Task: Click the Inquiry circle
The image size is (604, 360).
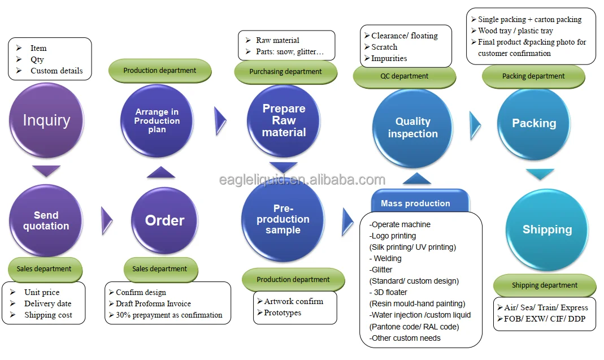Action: pyautogui.click(x=46, y=120)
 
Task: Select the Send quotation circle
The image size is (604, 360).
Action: pyautogui.click(x=46, y=220)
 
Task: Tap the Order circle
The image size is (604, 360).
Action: pyautogui.click(x=164, y=220)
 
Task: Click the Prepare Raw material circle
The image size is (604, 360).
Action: pyautogui.click(x=284, y=120)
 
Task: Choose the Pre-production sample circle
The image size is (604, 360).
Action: pyautogui.click(x=283, y=219)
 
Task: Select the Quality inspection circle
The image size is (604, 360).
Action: pyautogui.click(x=412, y=127)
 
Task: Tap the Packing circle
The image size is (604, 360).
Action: pyautogui.click(x=534, y=123)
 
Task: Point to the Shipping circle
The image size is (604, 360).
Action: pyautogui.click(x=547, y=229)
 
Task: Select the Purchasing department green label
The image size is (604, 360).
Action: pyautogui.click(x=285, y=72)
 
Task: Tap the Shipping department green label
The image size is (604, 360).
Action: pyautogui.click(x=545, y=285)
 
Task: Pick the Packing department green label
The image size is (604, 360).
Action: pyautogui.click(x=533, y=76)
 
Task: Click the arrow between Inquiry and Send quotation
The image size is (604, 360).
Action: pyautogui.click(x=46, y=171)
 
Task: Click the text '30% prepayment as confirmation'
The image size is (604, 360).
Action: pyautogui.click(x=169, y=315)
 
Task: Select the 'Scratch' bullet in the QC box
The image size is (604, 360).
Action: pyautogui.click(x=384, y=47)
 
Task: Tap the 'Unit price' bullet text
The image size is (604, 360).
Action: pyautogui.click(x=42, y=292)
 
